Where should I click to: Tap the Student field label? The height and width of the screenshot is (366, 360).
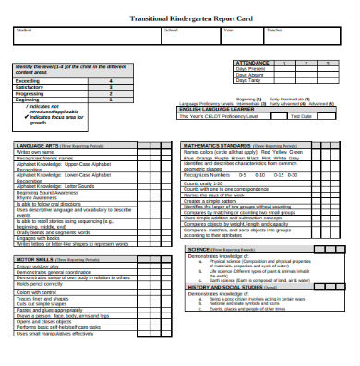(x=21, y=30)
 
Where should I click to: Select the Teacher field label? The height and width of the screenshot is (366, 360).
(x=272, y=30)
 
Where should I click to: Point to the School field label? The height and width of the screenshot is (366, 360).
(x=170, y=30)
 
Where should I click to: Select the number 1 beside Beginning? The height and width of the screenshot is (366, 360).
(x=112, y=99)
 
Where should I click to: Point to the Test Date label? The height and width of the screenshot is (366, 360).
(x=301, y=116)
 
